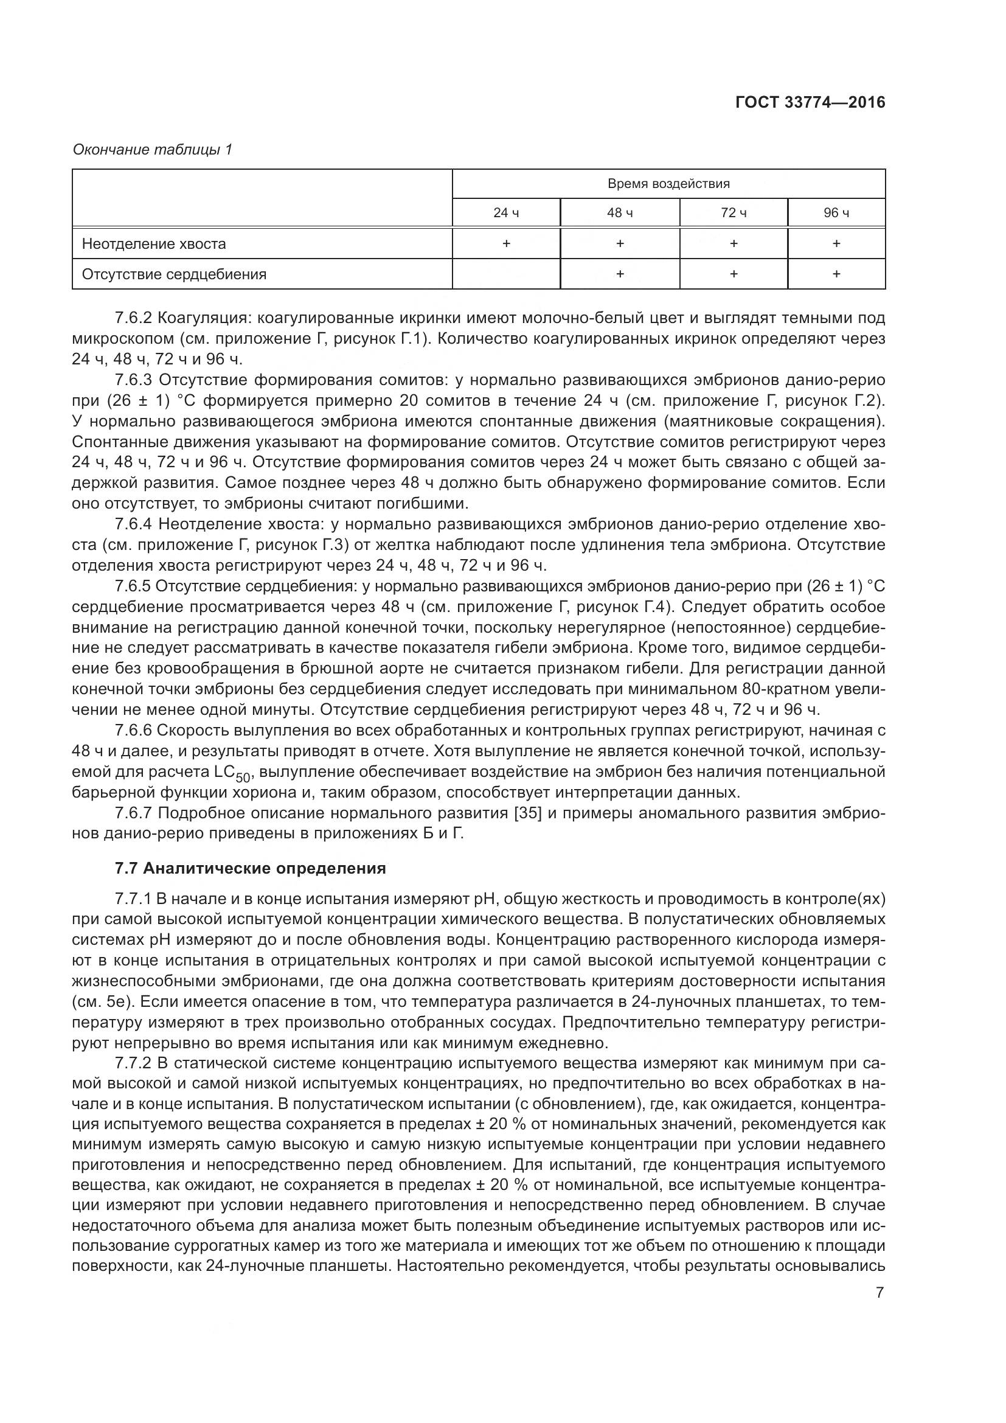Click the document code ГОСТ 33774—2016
point(810,102)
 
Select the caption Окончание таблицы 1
point(153,150)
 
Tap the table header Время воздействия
point(668,184)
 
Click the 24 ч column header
point(505,213)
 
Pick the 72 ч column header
point(734,213)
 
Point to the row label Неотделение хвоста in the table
point(154,243)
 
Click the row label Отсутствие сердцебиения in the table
point(174,274)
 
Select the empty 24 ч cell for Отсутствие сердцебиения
point(505,274)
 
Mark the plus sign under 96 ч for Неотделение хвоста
point(836,243)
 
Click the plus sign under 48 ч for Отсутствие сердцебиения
point(619,274)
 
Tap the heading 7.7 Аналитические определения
point(250,868)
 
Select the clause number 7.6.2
point(133,319)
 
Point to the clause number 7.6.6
point(133,731)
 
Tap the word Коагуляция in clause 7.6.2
point(203,319)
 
